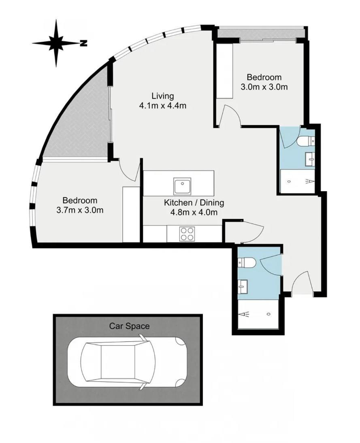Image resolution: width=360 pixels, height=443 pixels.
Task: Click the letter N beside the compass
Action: click(x=83, y=43)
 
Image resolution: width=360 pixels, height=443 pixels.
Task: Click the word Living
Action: click(x=162, y=96)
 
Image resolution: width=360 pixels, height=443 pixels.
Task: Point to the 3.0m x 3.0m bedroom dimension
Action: click(x=264, y=87)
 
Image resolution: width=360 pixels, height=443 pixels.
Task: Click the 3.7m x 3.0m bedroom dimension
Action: click(x=80, y=210)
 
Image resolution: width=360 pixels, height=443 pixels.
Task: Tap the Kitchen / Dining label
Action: click(x=194, y=202)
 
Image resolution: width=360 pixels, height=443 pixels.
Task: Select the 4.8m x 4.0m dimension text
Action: click(x=194, y=212)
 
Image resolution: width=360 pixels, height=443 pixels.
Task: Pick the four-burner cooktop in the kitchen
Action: click(x=187, y=234)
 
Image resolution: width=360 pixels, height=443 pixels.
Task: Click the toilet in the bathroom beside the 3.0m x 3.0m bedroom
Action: click(x=305, y=141)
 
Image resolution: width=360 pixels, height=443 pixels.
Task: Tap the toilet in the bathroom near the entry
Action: click(x=247, y=263)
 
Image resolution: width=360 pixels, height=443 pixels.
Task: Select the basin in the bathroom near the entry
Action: click(x=243, y=287)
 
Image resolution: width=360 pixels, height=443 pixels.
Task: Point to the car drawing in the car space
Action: click(x=127, y=362)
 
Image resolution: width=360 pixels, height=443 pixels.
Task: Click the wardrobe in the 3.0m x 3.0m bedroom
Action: click(x=224, y=71)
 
